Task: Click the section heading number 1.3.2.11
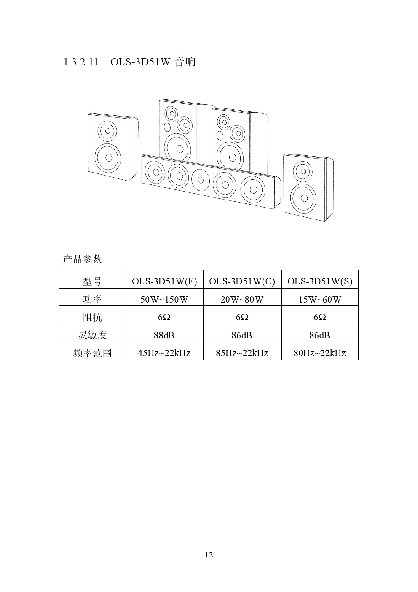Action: click(x=81, y=62)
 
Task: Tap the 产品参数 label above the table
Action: click(x=82, y=259)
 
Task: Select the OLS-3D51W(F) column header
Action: click(x=164, y=281)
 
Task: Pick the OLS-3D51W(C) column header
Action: click(x=242, y=281)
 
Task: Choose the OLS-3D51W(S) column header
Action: click(x=320, y=281)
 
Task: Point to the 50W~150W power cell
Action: click(x=164, y=300)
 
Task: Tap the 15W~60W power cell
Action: click(x=320, y=300)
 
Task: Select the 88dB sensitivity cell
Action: click(x=164, y=335)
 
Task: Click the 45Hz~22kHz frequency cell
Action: click(x=164, y=353)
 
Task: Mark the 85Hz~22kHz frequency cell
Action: click(x=242, y=353)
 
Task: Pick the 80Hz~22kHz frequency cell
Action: click(x=319, y=353)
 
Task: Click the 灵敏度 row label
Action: click(x=92, y=335)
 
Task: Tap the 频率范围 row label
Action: click(x=92, y=353)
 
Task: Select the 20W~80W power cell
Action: click(x=242, y=300)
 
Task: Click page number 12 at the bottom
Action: click(x=209, y=555)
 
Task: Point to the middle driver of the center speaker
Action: click(x=201, y=180)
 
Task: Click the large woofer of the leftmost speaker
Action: click(x=108, y=158)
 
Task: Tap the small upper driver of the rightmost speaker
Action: click(x=303, y=171)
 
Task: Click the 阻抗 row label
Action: click(x=92, y=317)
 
